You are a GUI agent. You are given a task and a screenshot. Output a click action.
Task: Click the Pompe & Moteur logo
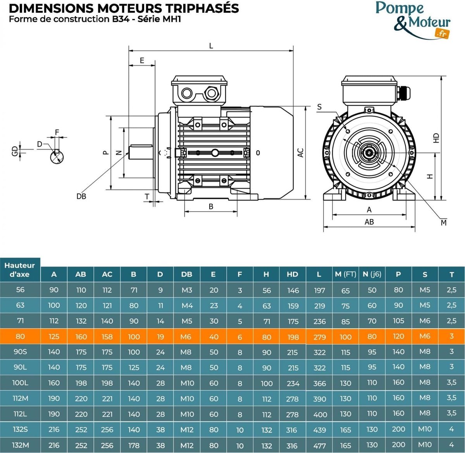point(413,20)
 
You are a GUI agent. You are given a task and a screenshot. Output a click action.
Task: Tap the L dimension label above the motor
point(211,46)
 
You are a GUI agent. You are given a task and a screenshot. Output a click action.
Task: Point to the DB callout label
point(81,196)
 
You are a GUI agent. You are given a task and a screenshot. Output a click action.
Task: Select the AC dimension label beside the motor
point(300,153)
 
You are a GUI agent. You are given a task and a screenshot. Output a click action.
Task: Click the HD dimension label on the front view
point(436,138)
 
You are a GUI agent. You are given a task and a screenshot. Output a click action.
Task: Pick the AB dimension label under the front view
point(369,222)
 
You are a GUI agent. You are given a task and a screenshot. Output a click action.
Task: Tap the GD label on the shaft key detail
point(15,151)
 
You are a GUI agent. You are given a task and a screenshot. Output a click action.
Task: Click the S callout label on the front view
point(319,107)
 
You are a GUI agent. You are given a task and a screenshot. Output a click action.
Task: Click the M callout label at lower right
point(444,223)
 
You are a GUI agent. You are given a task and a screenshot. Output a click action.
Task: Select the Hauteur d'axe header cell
point(20,270)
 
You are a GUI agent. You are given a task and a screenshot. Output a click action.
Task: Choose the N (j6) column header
point(372,274)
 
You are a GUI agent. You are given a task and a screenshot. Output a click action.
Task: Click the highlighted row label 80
point(20,337)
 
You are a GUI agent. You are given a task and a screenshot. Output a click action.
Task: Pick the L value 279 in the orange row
point(319,337)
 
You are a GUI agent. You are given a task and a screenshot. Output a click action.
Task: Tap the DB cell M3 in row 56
point(187,290)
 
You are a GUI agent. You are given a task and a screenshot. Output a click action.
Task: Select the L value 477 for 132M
point(319,446)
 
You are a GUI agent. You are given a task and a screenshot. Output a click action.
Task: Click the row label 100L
point(20,383)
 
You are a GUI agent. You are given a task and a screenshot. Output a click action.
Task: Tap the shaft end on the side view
point(141,153)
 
